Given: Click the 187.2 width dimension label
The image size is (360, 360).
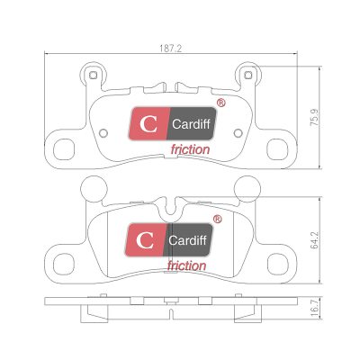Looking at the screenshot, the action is [x=171, y=49].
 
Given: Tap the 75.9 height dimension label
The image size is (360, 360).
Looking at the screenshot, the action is [x=314, y=117].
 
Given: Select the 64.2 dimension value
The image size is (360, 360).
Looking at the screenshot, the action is [x=314, y=240].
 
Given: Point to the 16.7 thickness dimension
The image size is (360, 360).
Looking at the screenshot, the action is [x=314, y=308].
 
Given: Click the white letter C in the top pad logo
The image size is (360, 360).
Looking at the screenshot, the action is [x=148, y=123].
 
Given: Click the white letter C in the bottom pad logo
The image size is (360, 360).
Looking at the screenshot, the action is [x=145, y=240].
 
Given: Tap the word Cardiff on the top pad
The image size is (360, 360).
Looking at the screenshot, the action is [x=191, y=124].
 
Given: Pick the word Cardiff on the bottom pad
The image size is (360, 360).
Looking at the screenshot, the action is [x=187, y=240].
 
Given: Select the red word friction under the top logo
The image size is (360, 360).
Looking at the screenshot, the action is [x=190, y=149].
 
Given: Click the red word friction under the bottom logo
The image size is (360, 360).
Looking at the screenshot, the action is [x=186, y=265].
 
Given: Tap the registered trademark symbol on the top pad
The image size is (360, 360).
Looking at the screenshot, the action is [x=221, y=103].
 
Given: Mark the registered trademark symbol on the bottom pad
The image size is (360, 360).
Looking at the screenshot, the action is [x=218, y=220].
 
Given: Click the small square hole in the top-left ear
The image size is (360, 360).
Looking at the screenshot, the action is [x=94, y=75].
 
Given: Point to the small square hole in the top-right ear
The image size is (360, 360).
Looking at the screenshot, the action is [x=247, y=75].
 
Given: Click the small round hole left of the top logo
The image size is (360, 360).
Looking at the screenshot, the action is [x=103, y=132].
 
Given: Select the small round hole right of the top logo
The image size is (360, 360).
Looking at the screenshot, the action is [x=238, y=132].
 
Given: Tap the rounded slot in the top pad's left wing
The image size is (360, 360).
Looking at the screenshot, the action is [x=64, y=149].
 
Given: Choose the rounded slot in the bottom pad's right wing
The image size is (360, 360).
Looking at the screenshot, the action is [x=278, y=264].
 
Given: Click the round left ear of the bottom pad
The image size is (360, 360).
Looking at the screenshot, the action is [x=94, y=189].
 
